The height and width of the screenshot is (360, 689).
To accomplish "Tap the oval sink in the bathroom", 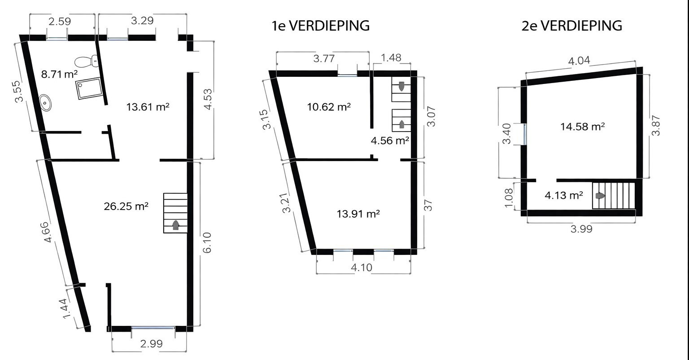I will click(x=46, y=102).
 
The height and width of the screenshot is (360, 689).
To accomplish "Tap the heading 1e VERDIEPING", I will click(x=321, y=26).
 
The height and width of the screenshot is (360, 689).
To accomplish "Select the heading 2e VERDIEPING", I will click(x=572, y=26).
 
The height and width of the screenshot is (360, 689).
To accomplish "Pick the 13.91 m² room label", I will click(x=358, y=214).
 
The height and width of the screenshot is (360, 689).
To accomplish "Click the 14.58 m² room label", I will click(x=582, y=127).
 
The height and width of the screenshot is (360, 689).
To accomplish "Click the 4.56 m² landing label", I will click(x=389, y=140).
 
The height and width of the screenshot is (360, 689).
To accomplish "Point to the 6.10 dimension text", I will click(x=207, y=243).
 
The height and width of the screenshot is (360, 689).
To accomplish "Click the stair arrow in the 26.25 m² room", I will click(x=175, y=225).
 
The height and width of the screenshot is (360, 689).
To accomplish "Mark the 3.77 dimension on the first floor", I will click(x=323, y=58).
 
